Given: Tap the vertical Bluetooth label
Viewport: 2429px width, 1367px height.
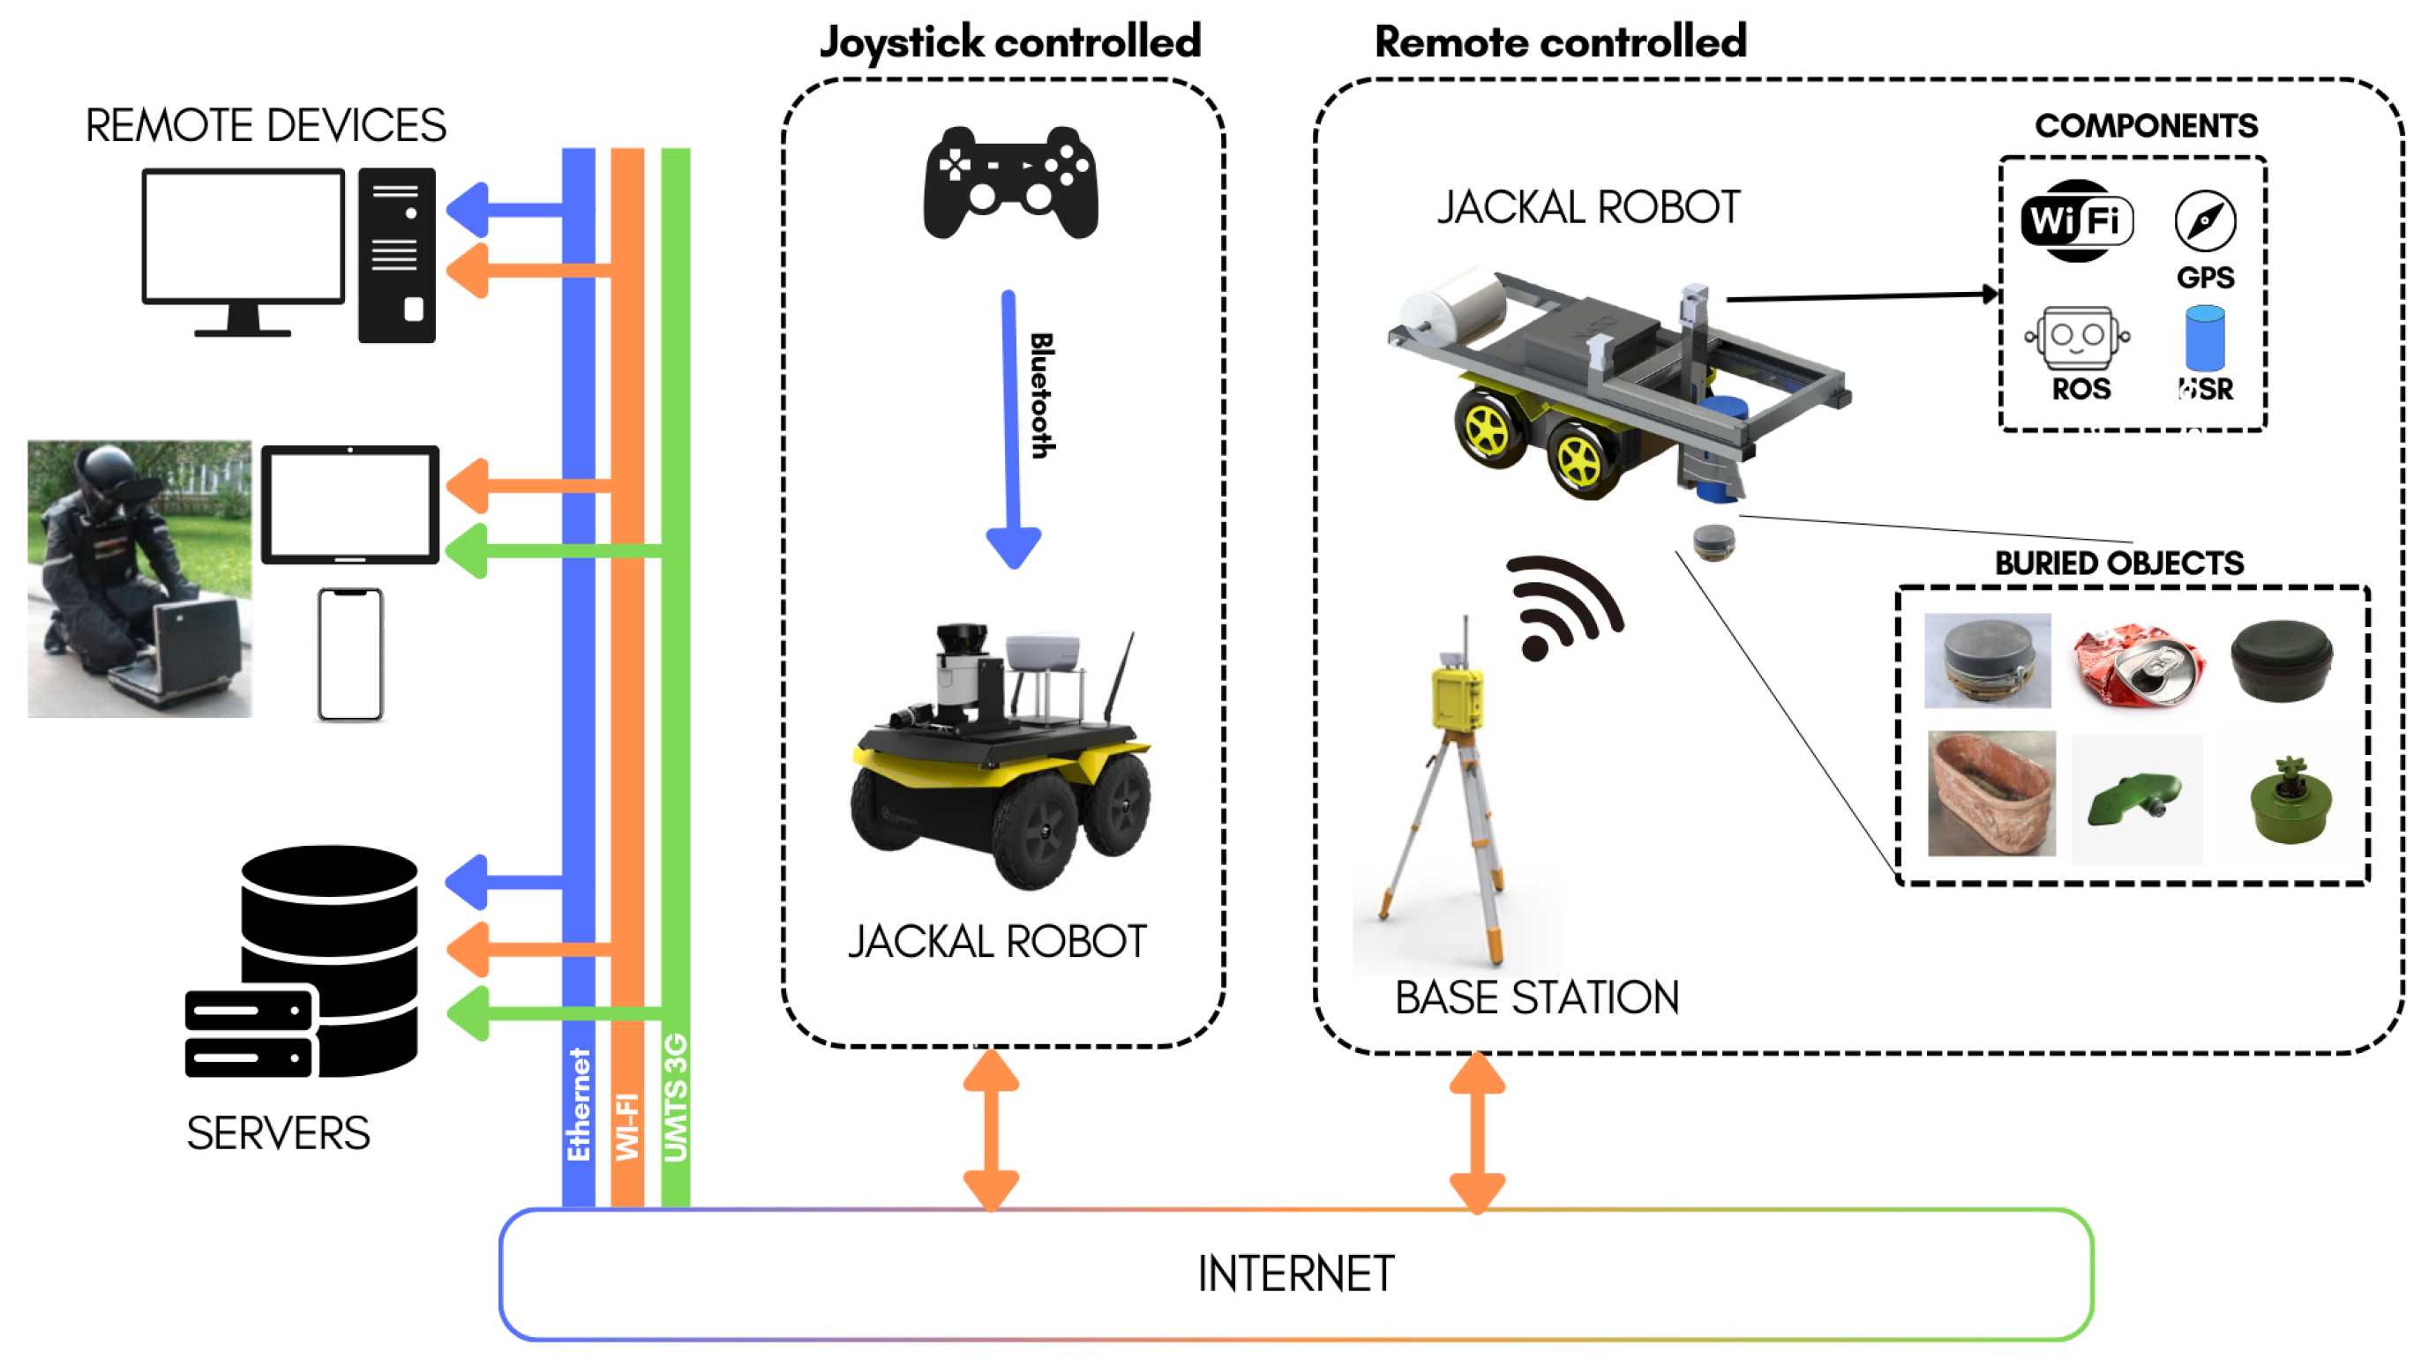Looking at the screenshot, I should [1041, 396].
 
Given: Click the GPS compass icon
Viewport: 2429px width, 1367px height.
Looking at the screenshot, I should [2205, 221].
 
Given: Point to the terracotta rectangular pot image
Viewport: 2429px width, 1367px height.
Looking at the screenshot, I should [1990, 794].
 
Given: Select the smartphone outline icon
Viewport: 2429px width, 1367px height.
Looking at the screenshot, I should [349, 654].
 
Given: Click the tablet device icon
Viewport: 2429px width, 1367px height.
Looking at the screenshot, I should [349, 504].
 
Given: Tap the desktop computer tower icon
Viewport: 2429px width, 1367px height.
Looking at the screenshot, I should [396, 255].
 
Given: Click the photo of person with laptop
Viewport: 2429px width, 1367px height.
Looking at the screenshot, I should [139, 579].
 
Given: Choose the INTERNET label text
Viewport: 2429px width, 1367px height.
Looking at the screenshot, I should [1295, 1274].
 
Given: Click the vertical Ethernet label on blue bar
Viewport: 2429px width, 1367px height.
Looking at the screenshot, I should [578, 1104].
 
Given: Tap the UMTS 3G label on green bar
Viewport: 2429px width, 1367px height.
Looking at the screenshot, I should [675, 1098].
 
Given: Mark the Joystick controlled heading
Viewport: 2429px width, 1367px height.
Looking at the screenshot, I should [1010, 42].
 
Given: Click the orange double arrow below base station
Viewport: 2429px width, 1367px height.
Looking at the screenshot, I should [1477, 1132].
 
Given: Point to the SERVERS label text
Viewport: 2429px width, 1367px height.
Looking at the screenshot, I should [278, 1133].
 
